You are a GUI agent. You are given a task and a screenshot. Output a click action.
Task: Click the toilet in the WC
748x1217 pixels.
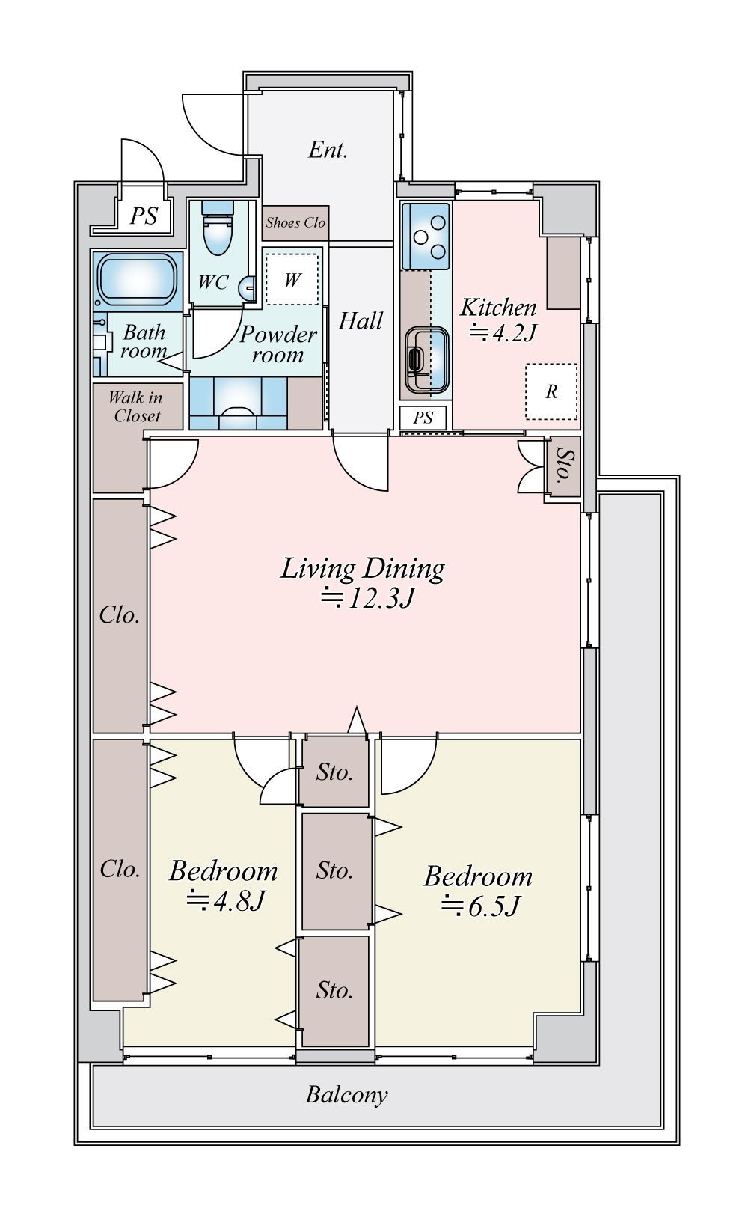tap(217, 228)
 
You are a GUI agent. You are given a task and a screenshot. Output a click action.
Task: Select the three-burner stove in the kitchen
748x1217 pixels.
tap(426, 237)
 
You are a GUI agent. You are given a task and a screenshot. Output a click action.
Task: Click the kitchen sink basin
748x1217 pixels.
tap(426, 359)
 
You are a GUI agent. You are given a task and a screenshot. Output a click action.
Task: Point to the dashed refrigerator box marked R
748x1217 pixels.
tap(551, 391)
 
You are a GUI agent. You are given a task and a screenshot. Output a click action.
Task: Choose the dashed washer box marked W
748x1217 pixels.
tap(292, 279)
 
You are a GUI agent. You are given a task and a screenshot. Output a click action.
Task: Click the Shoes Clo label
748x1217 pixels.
tap(295, 222)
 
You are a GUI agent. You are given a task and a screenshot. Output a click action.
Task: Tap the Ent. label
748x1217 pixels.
tap(328, 150)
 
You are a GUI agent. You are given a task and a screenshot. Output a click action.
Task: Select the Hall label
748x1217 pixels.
tap(361, 320)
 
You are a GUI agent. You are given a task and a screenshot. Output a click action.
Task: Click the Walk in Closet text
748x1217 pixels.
tap(135, 406)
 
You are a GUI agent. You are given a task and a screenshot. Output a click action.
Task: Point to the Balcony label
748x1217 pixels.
tap(347, 1094)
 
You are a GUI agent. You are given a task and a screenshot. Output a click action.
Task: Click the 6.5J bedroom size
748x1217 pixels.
tap(480, 906)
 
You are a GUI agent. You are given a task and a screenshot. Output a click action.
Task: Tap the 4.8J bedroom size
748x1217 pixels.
tap(225, 900)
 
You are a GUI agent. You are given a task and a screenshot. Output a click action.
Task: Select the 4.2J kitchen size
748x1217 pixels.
tap(503, 332)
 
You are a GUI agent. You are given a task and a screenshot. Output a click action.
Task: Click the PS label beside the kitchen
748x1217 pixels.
tap(423, 418)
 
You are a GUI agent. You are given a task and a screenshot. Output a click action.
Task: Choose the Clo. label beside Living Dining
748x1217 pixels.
tap(120, 615)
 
